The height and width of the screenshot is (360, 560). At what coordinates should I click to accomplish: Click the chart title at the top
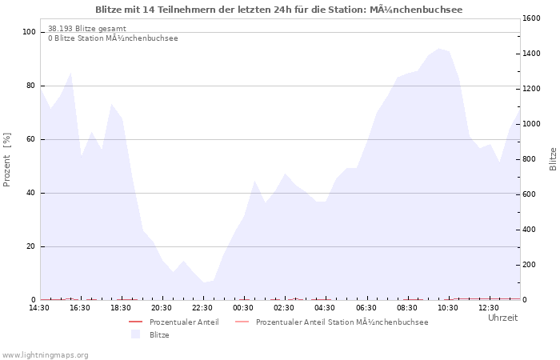[x=278, y=10]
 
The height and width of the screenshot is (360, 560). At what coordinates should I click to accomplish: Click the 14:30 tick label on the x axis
[x=39, y=308]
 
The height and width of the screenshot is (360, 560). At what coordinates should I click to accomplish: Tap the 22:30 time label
[x=203, y=308]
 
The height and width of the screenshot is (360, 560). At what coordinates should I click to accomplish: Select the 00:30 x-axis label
[x=244, y=308]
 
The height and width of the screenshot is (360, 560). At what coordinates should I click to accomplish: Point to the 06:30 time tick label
[x=366, y=308]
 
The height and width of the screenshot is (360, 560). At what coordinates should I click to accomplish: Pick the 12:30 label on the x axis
[x=489, y=308]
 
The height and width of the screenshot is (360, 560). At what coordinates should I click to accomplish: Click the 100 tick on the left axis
[x=30, y=32]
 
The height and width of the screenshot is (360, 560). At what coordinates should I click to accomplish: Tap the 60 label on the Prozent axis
[x=31, y=139]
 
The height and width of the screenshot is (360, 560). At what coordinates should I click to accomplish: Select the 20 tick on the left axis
[x=31, y=246]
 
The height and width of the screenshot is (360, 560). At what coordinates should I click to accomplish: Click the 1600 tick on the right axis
[x=532, y=18]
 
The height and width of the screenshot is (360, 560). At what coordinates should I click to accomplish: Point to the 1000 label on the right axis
[x=532, y=124]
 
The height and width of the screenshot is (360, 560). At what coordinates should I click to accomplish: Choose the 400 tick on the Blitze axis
[x=530, y=230]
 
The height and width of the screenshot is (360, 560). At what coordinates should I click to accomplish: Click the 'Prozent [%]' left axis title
[x=7, y=159]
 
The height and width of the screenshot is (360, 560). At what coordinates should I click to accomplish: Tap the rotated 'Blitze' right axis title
[x=553, y=158]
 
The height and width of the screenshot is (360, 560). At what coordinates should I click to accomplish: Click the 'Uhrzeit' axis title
[x=502, y=318]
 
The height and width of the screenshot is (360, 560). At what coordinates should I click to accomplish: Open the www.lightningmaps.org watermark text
[x=46, y=355]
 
